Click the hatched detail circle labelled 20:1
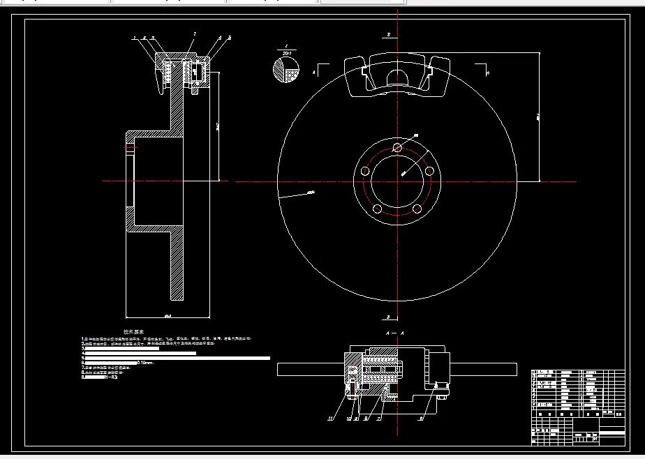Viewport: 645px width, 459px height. coord(286,71)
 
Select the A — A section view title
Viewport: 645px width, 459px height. coord(396,334)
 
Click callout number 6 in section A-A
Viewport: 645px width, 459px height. coord(421,419)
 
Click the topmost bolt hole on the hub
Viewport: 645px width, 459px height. coord(397,147)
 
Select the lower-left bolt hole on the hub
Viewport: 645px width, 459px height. coord(377,209)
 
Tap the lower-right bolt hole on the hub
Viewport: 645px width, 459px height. coord(417,209)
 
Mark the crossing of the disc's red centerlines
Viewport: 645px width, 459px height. coord(397,181)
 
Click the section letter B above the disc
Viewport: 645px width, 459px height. coord(388,33)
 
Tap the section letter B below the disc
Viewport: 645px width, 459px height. coord(388,315)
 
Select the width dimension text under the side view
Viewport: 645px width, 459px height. coord(168,316)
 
